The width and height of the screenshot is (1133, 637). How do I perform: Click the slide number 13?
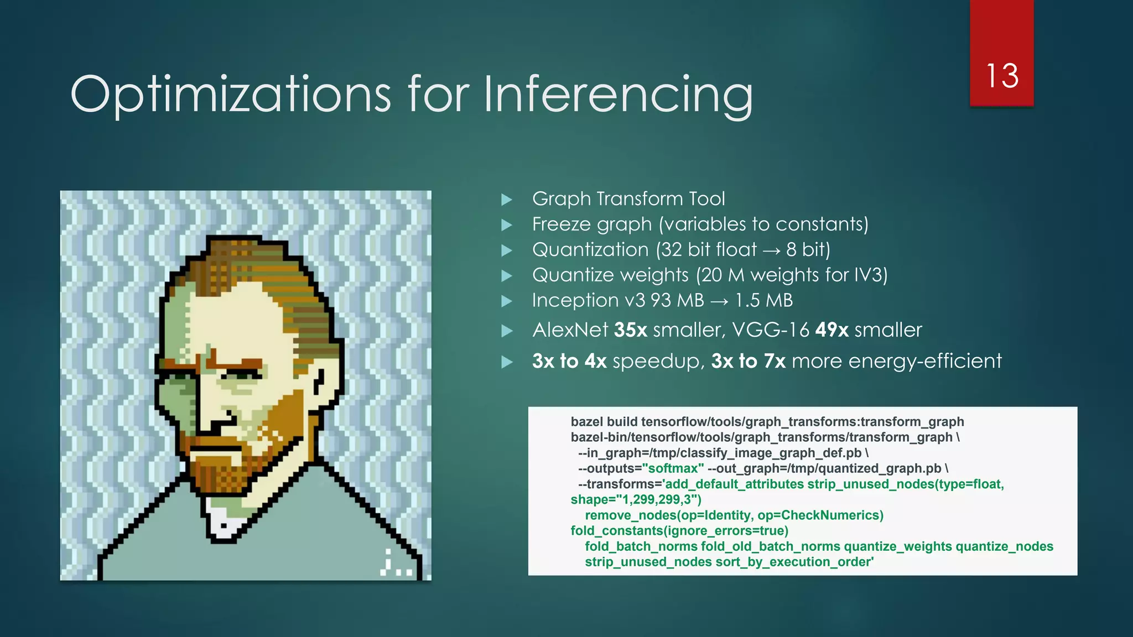[1002, 76]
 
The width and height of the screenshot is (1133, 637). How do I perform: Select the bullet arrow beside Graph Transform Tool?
[506, 200]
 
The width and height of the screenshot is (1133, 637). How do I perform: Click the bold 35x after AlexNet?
[630, 330]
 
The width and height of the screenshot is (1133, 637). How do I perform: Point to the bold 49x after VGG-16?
[831, 330]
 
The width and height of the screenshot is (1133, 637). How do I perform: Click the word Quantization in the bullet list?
[590, 250]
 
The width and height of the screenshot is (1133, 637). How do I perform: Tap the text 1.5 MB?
[763, 300]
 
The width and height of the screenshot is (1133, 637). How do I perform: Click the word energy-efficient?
[924, 361]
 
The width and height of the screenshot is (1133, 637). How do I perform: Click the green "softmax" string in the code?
[673, 468]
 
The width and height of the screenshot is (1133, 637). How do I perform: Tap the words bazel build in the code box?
[604, 422]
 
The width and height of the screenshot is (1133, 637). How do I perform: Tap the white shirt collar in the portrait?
[224, 517]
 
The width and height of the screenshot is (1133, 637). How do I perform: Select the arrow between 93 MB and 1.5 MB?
[719, 301]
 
